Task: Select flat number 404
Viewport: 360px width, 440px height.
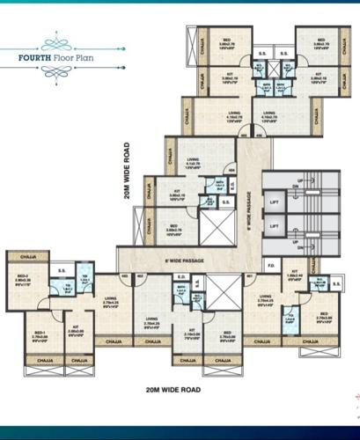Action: pyautogui.click(x=231, y=170)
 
